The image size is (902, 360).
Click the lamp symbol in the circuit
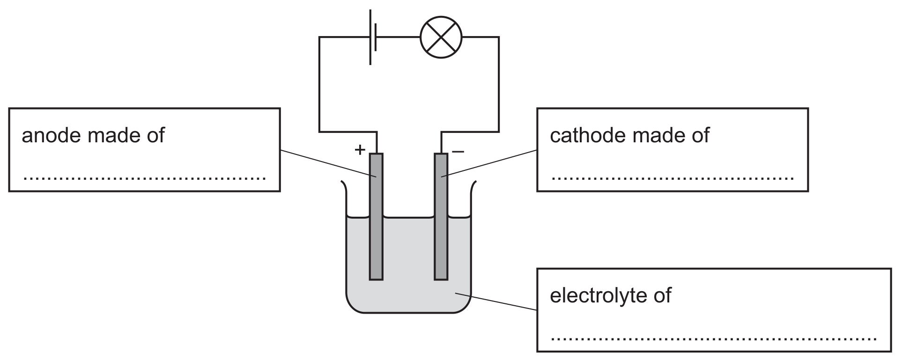click(441, 37)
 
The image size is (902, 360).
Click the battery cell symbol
click(373, 37)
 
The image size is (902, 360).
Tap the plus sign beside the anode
click(360, 150)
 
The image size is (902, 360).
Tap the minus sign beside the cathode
click(458, 151)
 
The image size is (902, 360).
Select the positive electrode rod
click(376, 217)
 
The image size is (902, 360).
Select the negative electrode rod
click(441, 217)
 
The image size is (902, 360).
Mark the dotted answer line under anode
click(145, 178)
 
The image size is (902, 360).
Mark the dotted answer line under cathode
click(673, 178)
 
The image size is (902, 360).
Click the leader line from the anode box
click(328, 163)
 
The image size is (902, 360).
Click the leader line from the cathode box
click(489, 163)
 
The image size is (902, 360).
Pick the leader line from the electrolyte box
click(496, 301)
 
